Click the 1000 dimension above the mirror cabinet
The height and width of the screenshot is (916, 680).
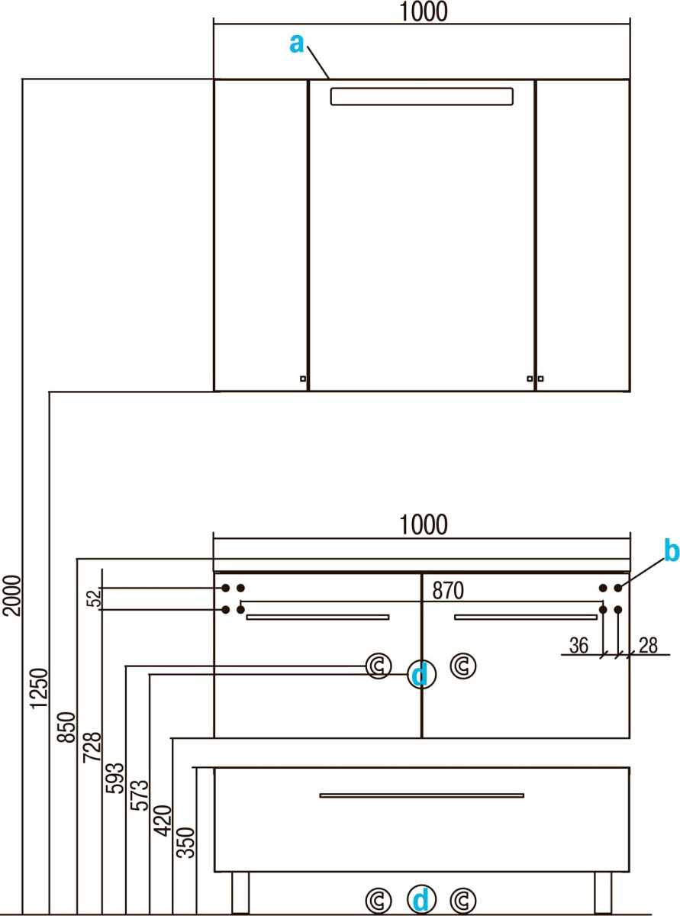pos(422,11)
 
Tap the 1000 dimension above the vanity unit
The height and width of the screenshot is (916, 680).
pos(422,524)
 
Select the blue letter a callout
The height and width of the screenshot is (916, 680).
pos(297,44)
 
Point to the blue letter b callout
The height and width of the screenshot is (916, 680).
pos(671,550)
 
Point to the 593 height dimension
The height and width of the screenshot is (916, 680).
pos(115,777)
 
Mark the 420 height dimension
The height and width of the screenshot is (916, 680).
pos(163,818)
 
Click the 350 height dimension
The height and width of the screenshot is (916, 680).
pos(187,842)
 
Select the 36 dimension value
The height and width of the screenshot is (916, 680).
pos(579,646)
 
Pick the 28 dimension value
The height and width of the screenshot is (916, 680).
pos(649,646)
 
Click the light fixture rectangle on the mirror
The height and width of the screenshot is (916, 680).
pos(421,96)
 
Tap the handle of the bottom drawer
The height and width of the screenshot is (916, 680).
pos(422,795)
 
